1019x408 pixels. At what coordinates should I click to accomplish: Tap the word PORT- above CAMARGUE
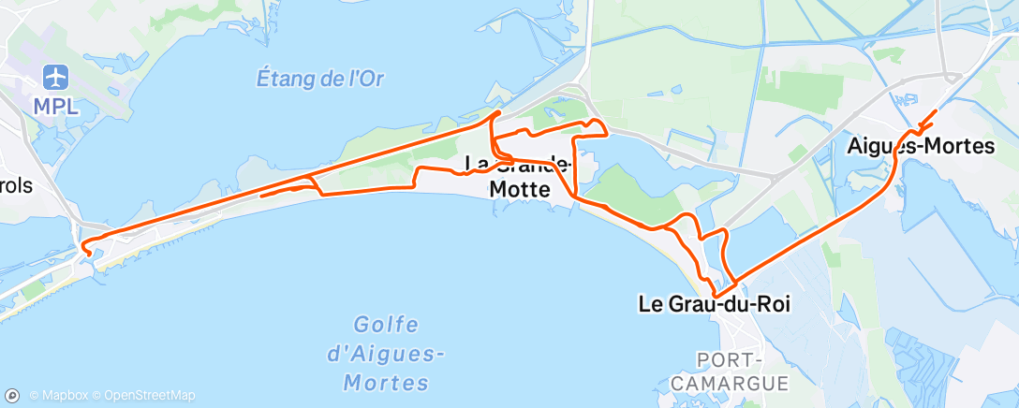click(x=731, y=360)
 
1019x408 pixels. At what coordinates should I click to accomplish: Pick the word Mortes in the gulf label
click(x=386, y=382)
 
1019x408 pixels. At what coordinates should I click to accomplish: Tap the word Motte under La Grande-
click(x=521, y=187)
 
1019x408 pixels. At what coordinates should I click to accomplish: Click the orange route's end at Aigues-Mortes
click(x=935, y=111)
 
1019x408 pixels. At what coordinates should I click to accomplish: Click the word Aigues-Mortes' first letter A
click(x=854, y=146)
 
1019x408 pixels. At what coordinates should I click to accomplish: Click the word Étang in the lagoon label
click(x=280, y=79)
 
